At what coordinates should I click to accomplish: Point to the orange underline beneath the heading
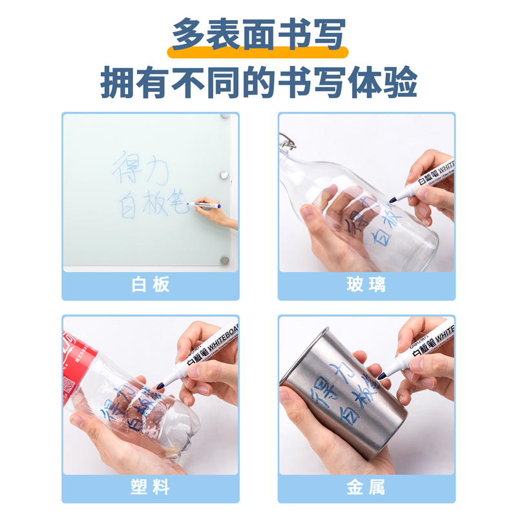click(258, 52)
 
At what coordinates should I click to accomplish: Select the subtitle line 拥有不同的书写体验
click(258, 83)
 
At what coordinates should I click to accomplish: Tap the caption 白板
click(151, 285)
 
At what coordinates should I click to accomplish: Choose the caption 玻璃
click(366, 285)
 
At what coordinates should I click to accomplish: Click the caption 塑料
click(151, 488)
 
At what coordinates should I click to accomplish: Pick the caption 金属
click(366, 488)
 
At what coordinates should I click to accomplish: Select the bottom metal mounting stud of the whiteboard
click(224, 260)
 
